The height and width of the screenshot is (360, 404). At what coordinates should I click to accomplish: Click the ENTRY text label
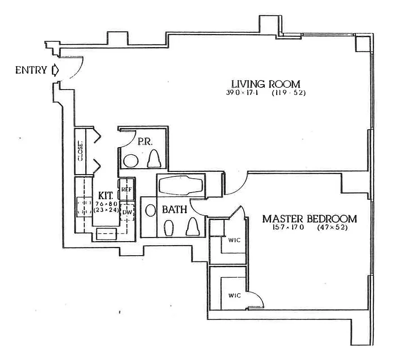point(31,70)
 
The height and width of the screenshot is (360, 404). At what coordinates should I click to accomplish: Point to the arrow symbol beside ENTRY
point(55,70)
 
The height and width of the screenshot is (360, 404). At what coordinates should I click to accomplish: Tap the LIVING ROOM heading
point(265,84)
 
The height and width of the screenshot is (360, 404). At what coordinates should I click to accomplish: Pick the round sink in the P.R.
point(131,161)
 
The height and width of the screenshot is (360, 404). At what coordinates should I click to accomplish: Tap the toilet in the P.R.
point(154,158)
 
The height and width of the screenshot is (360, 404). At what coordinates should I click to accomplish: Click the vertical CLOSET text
point(81,151)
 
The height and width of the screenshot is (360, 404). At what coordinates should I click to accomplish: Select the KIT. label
point(106,196)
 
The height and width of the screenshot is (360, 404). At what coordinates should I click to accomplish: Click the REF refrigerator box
point(126,189)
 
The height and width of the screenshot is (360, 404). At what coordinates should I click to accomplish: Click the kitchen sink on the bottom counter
point(107,232)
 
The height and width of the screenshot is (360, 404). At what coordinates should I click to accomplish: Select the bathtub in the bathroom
point(181,185)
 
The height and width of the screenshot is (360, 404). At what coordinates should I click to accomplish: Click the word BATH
point(171,209)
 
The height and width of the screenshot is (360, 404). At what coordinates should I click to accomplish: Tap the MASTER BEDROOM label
point(309,219)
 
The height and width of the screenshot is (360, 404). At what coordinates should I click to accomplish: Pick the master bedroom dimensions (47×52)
point(332,228)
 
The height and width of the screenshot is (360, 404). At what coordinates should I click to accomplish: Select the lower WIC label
point(234,296)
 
